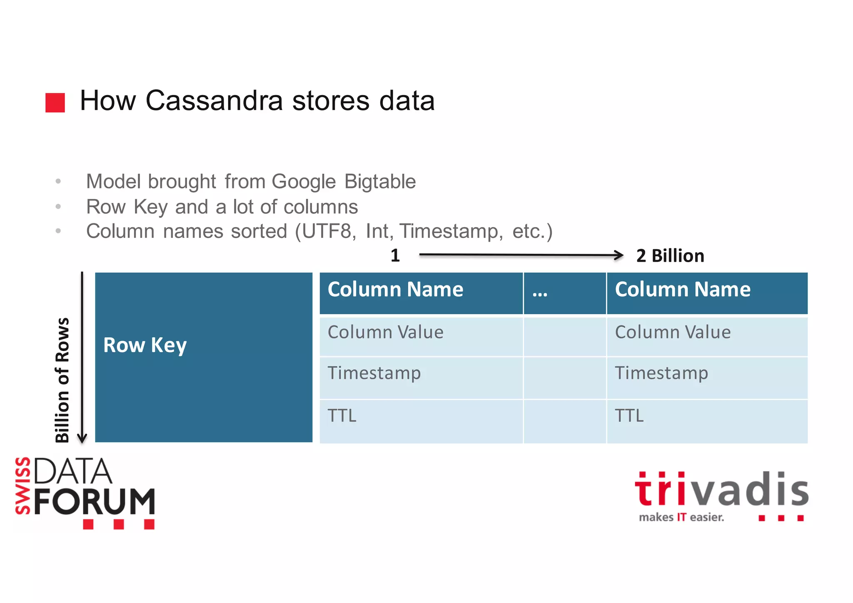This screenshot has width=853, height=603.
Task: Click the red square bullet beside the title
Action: coord(55,103)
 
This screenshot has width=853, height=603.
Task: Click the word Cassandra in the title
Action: coord(214,101)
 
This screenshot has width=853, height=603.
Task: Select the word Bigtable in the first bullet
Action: coord(380,182)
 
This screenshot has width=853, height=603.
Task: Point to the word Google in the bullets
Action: coord(304,182)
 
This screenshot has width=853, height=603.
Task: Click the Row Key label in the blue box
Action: coord(145,345)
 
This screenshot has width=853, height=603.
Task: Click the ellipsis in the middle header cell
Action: coord(540,293)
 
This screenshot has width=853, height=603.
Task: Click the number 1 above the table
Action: coord(395,255)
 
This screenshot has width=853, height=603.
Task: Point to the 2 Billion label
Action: coord(670,256)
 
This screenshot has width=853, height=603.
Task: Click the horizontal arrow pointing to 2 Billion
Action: coord(521,255)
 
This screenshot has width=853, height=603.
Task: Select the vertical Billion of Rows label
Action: coord(62,379)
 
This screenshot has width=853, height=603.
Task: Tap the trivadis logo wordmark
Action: coord(721,490)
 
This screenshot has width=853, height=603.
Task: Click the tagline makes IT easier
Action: coord(681,518)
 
